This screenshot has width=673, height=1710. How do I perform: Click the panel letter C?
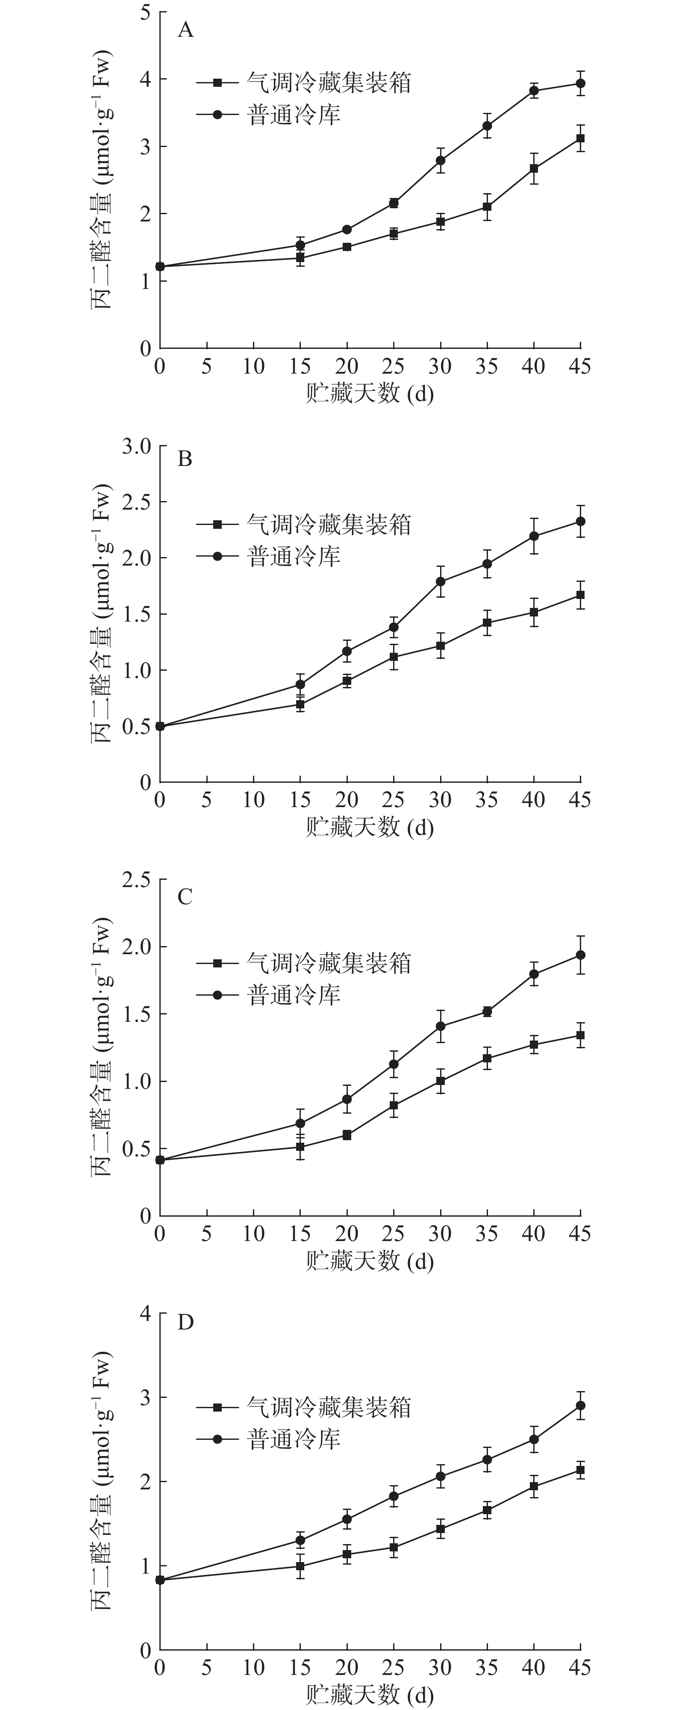coord(185,897)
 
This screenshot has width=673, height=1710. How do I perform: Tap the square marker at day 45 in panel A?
coord(580,138)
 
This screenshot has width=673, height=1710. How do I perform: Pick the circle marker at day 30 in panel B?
coord(440,581)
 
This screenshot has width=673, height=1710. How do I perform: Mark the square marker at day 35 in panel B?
coord(487,623)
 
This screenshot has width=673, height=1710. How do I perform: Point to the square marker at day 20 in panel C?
coord(347,1135)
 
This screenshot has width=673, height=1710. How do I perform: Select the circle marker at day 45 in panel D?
coord(580,1405)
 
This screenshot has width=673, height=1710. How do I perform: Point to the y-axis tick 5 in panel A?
coord(145,12)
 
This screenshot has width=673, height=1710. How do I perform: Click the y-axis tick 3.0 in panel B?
coord(136,446)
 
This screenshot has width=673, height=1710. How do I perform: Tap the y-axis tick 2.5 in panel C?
coord(136,879)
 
